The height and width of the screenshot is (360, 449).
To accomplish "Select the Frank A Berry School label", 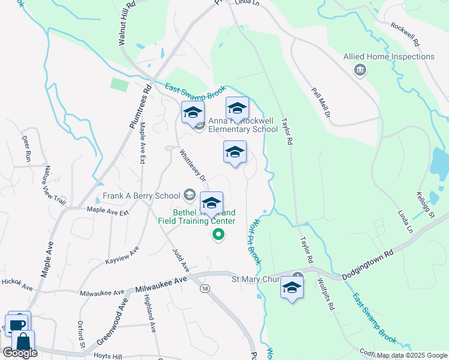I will (x=141, y=195).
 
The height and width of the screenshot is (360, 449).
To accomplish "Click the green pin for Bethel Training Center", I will (x=218, y=235).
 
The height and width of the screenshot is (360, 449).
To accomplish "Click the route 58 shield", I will (x=205, y=289).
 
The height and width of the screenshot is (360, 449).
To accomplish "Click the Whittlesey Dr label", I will (x=193, y=166).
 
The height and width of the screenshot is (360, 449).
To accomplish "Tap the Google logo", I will (x=20, y=353).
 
